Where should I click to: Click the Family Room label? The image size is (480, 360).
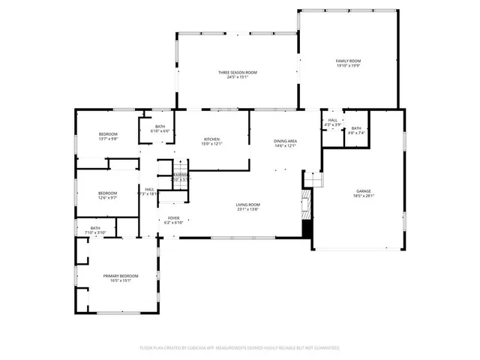tap(348, 60)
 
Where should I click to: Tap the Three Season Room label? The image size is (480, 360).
tap(238, 72)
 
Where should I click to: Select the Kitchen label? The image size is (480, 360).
tap(212, 140)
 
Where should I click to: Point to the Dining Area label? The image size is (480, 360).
tap(285, 140)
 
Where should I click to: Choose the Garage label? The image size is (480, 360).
tap(364, 191)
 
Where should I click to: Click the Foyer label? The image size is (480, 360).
tap(173, 218)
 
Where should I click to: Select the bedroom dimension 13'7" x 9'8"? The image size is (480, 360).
tap(108, 139)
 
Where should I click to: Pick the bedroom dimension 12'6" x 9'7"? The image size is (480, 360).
tap(108, 198)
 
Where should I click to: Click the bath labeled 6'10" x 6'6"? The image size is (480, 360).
tap(160, 131)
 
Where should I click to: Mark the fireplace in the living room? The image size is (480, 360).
tap(305, 203)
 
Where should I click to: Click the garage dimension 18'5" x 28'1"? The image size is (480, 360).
tap(364, 196)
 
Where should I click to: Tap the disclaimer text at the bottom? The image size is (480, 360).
tap(239, 348)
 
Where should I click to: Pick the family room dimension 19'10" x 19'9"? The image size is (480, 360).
tap(348, 65)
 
